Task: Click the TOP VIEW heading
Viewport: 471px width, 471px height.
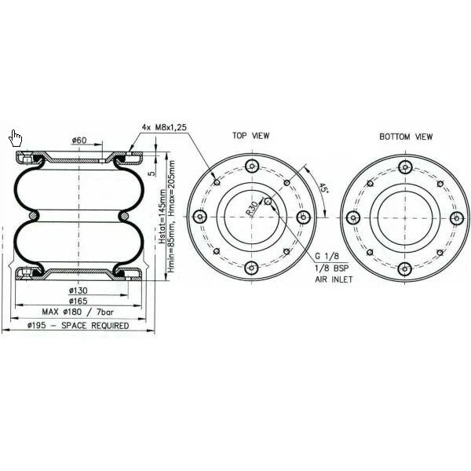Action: pos(250,136)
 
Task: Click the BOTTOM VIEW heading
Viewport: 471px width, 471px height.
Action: pos(406,136)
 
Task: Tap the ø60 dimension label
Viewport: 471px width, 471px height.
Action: pos(79,141)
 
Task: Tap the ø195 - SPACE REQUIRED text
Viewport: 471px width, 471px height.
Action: pos(78,325)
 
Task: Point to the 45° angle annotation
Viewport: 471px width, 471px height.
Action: pos(323,188)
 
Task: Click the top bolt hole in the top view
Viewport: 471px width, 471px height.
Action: pos(251,166)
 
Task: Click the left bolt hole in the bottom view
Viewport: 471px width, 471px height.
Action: pos(354,217)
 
